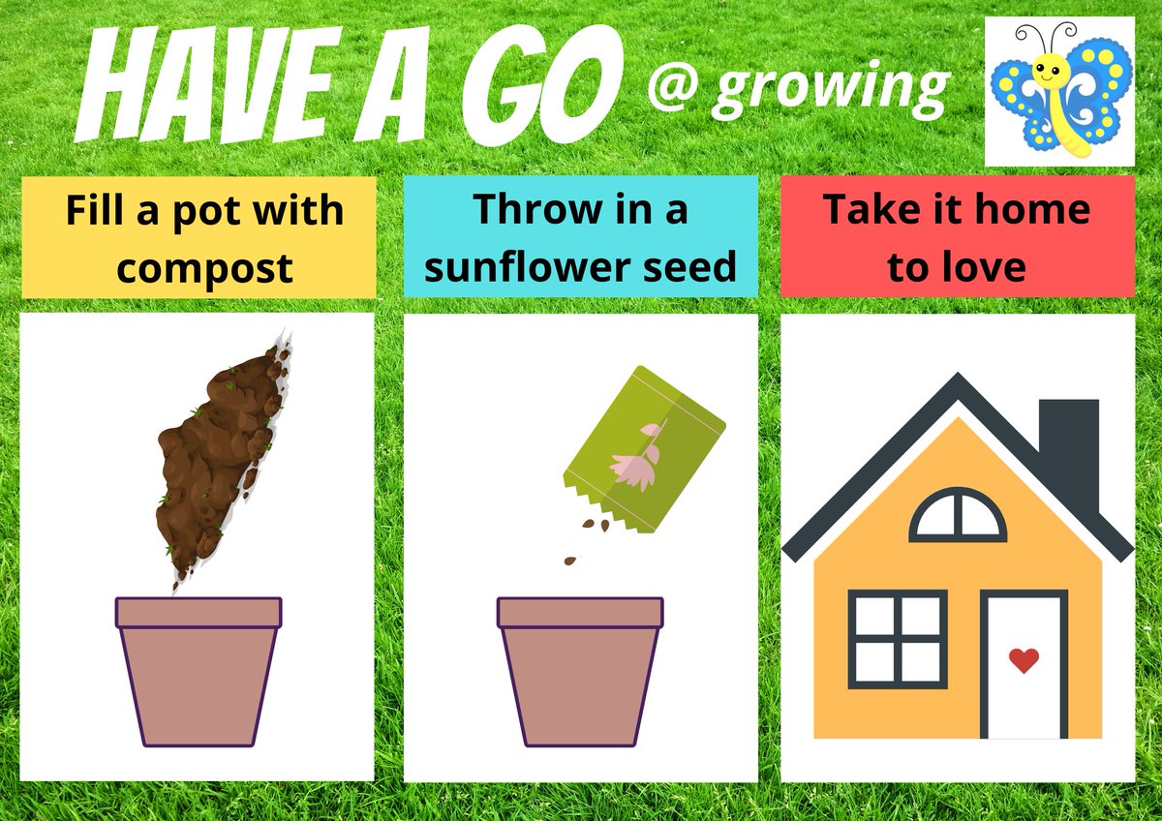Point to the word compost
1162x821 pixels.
pyautogui.click(x=204, y=267)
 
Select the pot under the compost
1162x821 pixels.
pyautogui.click(x=199, y=670)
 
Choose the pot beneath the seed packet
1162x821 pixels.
pyautogui.click(x=580, y=670)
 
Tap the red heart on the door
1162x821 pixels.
pyautogui.click(x=1024, y=660)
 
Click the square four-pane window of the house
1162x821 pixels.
pyautogui.click(x=898, y=639)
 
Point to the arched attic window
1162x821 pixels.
pyautogui.click(x=957, y=516)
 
